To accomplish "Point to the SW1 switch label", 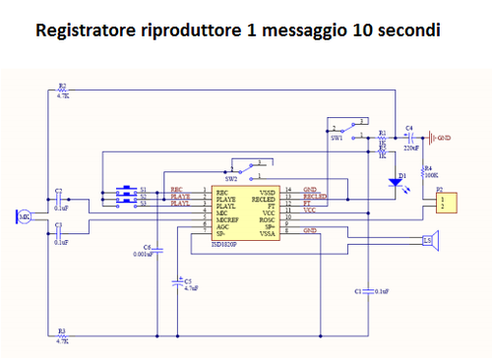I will tap(338, 139).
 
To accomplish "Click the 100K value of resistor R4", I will tap(434, 173).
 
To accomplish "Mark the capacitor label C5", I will tap(188, 281).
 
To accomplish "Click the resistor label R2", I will tap(62, 87).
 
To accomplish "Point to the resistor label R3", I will tap(62, 331).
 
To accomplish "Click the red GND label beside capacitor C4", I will tap(444, 137).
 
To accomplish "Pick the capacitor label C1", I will tap(356, 292).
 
